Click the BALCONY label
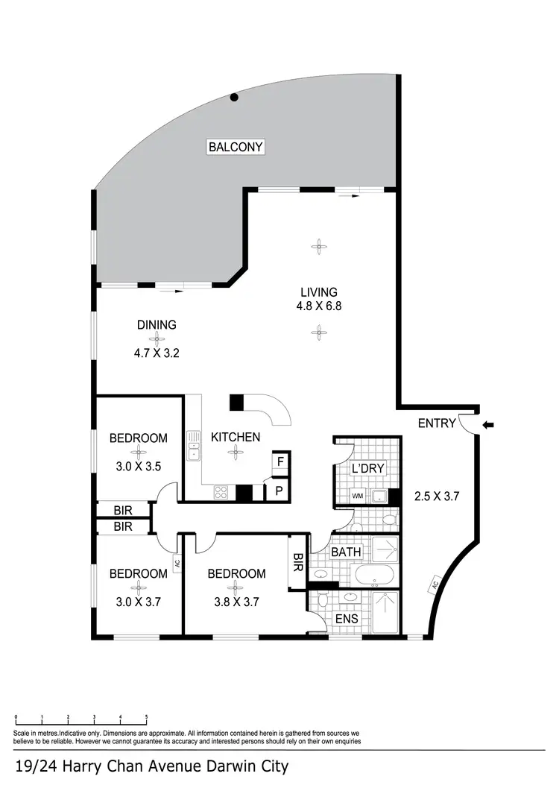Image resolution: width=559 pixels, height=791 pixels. pos(236,147)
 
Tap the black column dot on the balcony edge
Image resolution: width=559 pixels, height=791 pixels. pos(234,97)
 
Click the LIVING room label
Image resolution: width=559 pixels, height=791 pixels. pos(318,292)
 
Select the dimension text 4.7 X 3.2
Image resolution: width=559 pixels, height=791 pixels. pos(157,353)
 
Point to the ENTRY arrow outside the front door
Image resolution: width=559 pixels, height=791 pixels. pos(488,425)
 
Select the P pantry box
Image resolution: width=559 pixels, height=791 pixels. pos(279,492)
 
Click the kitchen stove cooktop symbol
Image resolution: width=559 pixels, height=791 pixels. pos(222,491)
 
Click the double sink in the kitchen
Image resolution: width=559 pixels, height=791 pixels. pos(194,445)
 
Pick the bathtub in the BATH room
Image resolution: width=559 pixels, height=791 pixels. pos(373,575)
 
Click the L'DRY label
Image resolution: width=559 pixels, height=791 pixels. pos(366,469)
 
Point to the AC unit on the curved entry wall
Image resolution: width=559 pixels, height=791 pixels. pos(434,585)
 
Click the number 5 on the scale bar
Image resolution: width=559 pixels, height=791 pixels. pos(146,717)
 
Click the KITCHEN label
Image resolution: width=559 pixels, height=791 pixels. pos(236,437)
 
